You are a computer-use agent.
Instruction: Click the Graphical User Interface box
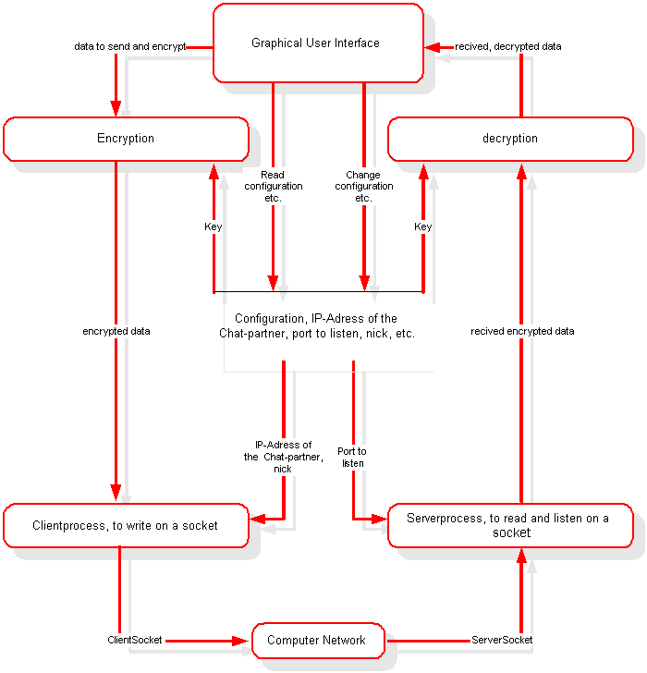point(317,43)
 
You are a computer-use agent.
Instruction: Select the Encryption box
point(126,139)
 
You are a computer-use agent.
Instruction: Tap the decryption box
point(509,139)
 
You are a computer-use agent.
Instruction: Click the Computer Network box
point(317,640)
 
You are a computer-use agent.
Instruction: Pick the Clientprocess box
point(126,525)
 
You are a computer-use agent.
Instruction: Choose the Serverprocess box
point(509,525)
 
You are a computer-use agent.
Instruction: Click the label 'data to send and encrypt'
point(130,46)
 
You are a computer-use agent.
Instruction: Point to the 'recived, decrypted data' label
point(507,46)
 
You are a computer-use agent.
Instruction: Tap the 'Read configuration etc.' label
point(273,187)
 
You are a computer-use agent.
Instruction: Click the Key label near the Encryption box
point(214,226)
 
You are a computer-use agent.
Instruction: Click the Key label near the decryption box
point(422,226)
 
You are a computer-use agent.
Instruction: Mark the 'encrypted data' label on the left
point(116,331)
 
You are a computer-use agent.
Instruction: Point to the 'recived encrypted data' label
point(522,331)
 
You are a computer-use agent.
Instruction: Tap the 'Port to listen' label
point(352,457)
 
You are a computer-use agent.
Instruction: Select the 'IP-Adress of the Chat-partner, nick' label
point(283,457)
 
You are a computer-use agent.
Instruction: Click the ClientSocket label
point(137,640)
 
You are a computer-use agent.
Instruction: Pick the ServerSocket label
point(502,640)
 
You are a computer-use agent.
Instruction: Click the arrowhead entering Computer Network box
point(244,640)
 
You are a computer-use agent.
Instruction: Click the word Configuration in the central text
point(269,318)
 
